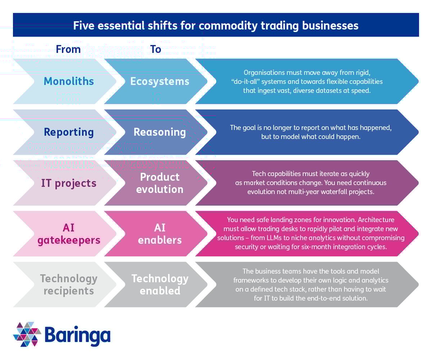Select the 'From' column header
tap(68, 49)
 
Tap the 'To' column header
tap(156, 49)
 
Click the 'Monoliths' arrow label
tap(68, 81)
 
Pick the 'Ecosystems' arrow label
tap(159, 81)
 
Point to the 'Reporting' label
tap(68, 132)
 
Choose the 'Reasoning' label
tap(159, 132)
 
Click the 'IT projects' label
tap(68, 183)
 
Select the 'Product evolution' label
tap(159, 183)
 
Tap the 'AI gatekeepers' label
tap(68, 234)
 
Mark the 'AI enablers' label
tap(159, 234)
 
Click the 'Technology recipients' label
tap(68, 284)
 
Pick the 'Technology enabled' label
tap(159, 284)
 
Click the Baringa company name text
tap(77, 335)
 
